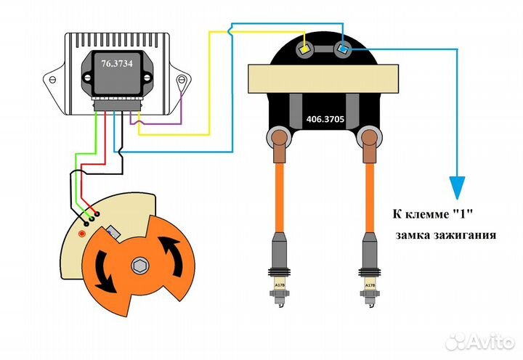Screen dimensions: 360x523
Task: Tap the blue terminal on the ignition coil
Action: click(x=343, y=49)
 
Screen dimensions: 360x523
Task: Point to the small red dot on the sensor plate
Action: click(x=82, y=234)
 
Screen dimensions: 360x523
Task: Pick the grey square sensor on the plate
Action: click(x=113, y=233)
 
